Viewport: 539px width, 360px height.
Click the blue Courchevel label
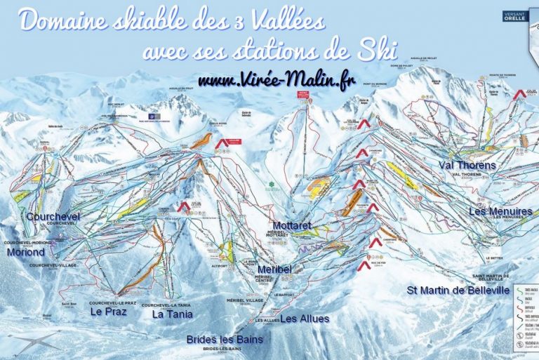[53, 217]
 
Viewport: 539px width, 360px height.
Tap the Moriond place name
[26, 251]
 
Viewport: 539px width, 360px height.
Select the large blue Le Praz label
[108, 312]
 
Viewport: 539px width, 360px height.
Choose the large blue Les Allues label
[305, 319]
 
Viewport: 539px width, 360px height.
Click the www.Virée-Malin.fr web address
[277, 81]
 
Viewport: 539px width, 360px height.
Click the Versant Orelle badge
[515, 15]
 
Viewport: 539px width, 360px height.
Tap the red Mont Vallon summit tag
[304, 93]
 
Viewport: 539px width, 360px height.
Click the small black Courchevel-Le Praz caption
[112, 302]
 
